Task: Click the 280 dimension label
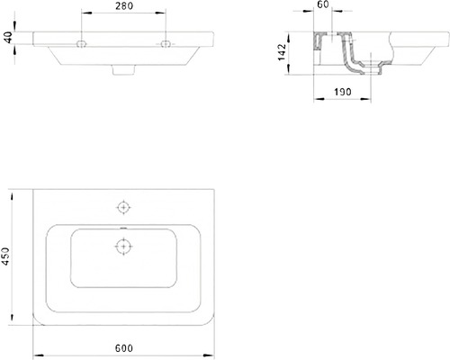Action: click(124, 5)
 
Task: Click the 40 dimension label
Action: click(8, 37)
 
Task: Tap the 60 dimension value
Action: click(323, 4)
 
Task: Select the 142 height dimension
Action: click(282, 52)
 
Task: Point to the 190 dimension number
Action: click(343, 92)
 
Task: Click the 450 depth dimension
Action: click(5, 256)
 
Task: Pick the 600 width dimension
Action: click(124, 348)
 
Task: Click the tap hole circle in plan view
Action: click(123, 207)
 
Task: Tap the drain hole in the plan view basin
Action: click(123, 247)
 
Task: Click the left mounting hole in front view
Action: click(81, 44)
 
